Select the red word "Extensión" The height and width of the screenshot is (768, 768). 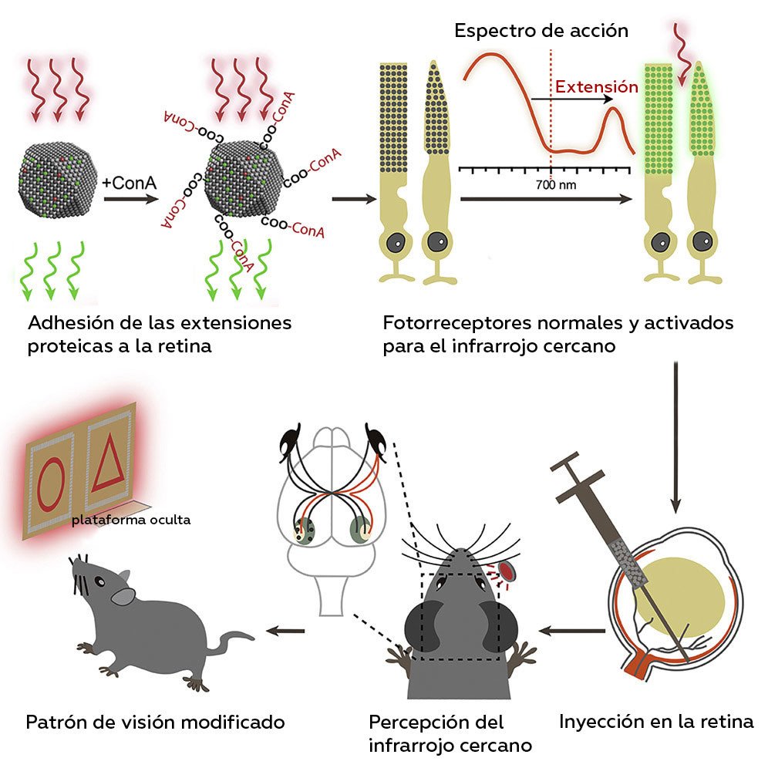(x=597, y=87)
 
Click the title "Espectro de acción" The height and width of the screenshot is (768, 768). (x=541, y=32)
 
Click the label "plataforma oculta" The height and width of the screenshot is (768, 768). (x=130, y=520)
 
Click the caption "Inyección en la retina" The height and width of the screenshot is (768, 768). (x=655, y=723)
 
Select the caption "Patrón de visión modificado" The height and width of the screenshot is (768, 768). (x=155, y=723)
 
